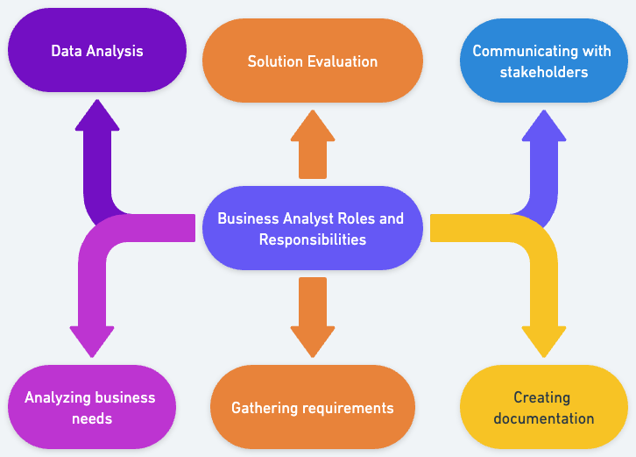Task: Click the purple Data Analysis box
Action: point(96,50)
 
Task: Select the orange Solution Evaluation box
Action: point(312,61)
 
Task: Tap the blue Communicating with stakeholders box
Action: point(543,61)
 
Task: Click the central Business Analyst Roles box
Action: point(312,228)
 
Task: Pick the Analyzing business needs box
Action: point(91,408)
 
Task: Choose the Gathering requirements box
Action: point(312,408)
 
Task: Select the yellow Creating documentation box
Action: point(543,408)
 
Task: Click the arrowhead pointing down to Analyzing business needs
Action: point(92,339)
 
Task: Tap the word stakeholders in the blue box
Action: point(543,72)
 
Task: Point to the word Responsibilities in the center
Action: point(312,239)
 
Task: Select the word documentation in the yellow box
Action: point(543,418)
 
